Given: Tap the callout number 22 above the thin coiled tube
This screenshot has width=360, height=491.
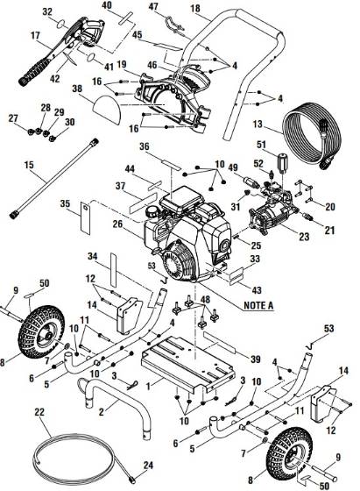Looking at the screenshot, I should click(39, 412).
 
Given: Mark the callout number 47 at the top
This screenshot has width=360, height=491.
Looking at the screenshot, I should click(152, 8).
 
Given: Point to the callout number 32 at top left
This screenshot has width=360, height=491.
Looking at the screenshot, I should click(47, 11).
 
